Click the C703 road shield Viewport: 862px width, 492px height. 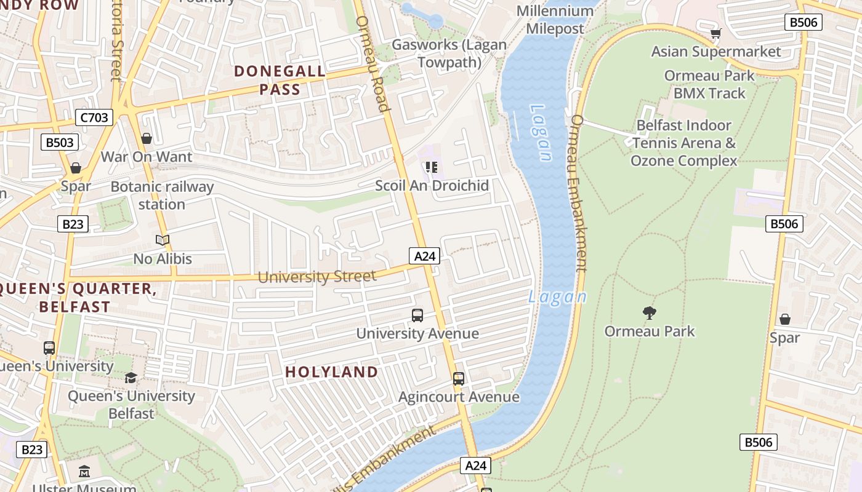click(94, 117)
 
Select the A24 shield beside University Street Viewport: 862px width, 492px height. click(424, 256)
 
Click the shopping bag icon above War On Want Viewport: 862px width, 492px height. click(147, 138)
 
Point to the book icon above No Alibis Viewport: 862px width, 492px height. click(163, 240)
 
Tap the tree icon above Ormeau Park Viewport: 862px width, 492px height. click(649, 313)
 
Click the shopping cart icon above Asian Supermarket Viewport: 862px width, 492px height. click(715, 33)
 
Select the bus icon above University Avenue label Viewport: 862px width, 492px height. click(417, 315)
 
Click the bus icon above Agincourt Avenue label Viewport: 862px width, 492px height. click(459, 379)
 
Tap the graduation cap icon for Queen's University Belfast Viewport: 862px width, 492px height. click(131, 378)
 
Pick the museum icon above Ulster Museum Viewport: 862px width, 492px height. click(84, 472)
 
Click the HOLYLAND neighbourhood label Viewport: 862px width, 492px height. click(331, 371)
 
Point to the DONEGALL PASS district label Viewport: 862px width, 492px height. click(280, 80)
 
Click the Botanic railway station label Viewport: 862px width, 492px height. click(162, 195)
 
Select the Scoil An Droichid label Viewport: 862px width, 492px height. click(432, 185)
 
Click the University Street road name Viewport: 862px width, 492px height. click(316, 277)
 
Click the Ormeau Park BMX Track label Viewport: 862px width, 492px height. click(709, 84)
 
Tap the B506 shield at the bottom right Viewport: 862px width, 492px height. click(759, 442)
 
